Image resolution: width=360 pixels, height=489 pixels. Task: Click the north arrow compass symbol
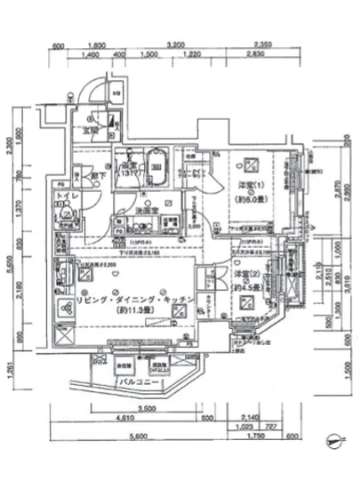click(333, 437)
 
